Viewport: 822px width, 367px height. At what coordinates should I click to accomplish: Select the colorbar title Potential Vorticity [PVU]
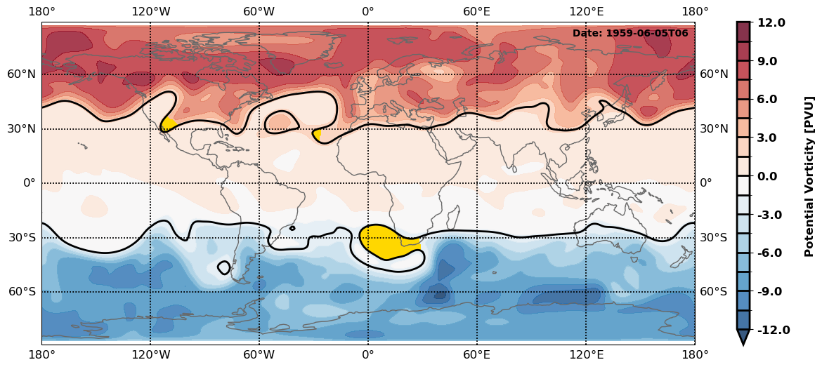(x=809, y=176)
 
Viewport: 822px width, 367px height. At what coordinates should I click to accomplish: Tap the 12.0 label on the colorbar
(x=771, y=23)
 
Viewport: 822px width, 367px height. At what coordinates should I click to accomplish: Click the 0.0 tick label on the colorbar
(x=771, y=176)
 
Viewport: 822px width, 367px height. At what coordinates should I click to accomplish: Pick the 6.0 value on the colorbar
(x=771, y=100)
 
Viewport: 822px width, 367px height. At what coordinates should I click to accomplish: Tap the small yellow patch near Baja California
(x=167, y=124)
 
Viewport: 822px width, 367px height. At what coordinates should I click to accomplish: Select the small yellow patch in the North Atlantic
(x=318, y=134)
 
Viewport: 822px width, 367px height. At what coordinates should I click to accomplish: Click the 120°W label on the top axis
(x=150, y=11)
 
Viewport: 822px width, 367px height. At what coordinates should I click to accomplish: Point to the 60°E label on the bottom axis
(x=476, y=355)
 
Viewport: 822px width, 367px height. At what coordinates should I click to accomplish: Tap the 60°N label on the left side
(x=22, y=74)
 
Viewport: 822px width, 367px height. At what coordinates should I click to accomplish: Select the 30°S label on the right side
(x=714, y=237)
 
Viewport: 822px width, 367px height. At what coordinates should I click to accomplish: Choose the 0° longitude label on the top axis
(x=367, y=11)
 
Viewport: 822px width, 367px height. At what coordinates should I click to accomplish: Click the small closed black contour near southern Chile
(x=224, y=267)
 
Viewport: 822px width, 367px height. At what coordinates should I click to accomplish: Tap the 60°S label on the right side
(x=714, y=292)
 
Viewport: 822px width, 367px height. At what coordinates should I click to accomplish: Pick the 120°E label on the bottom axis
(x=586, y=355)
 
